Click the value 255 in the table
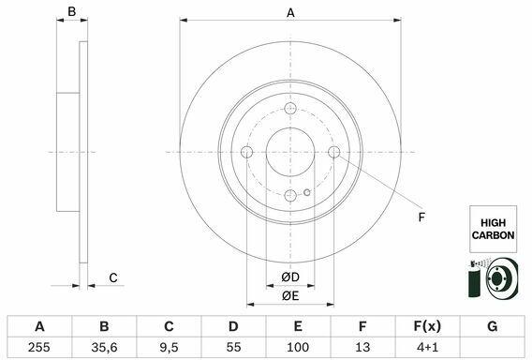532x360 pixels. point(39,347)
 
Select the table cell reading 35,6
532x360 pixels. point(104,347)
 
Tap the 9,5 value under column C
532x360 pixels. point(169,347)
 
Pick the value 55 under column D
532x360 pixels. point(233,347)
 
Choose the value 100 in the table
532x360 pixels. point(298,347)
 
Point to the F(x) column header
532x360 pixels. point(427,326)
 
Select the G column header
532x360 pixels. point(493,326)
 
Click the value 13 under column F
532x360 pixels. point(362,347)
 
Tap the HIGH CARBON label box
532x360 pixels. point(493,229)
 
